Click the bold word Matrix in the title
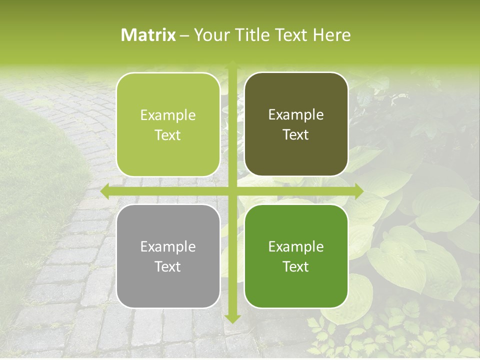tap(148, 35)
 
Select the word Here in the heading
tap(332, 35)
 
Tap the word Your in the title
tap(210, 35)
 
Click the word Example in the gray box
tap(168, 246)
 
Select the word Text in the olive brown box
tap(296, 135)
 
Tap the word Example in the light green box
tap(168, 115)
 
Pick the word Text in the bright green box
tap(296, 266)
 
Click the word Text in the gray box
tap(168, 266)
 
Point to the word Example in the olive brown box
tap(296, 115)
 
